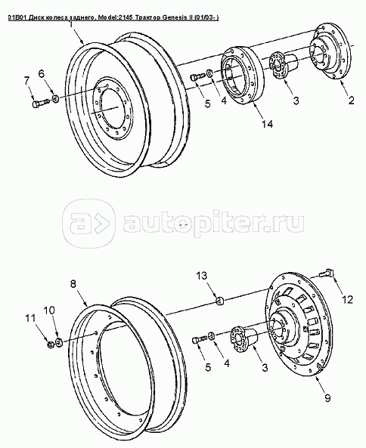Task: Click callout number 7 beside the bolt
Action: (26, 81)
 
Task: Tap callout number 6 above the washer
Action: (42, 74)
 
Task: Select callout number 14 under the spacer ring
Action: (266, 124)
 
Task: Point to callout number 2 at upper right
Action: (351, 100)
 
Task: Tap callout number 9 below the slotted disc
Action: (327, 397)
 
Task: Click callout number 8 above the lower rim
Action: (73, 284)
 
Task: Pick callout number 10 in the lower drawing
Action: (50, 311)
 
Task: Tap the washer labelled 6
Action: (55, 99)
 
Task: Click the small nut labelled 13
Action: (219, 301)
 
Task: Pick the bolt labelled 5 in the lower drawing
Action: (200, 340)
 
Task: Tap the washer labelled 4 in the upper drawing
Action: (209, 73)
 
